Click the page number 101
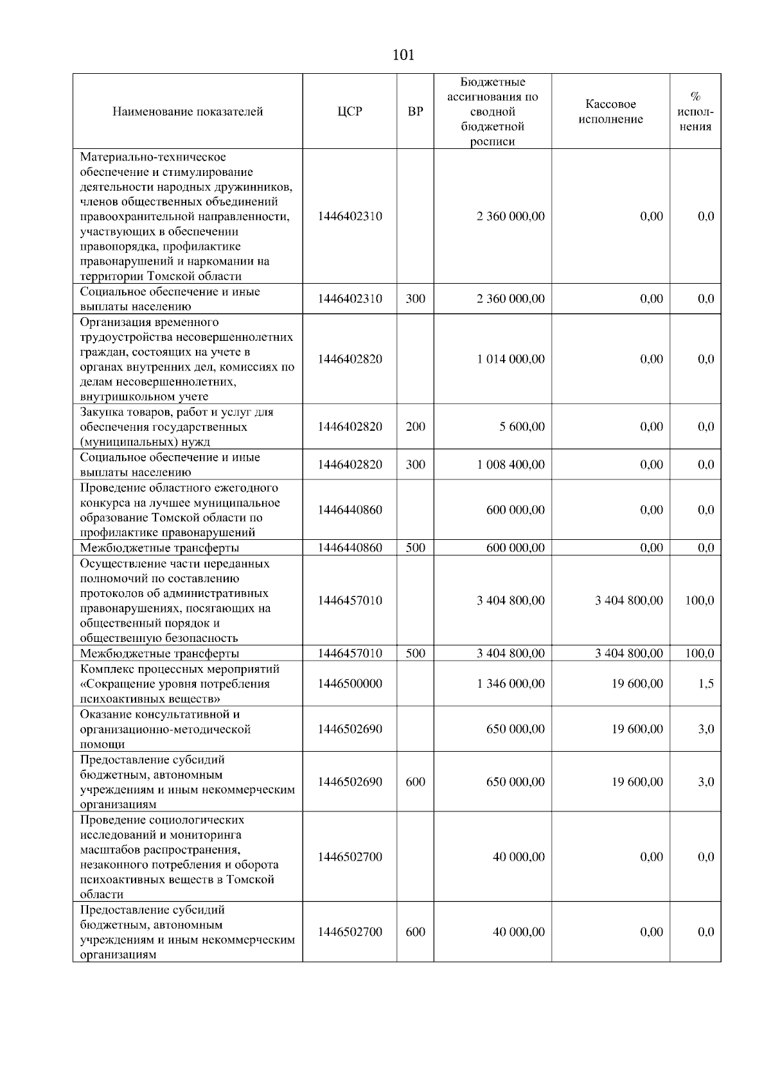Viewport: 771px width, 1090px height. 403,55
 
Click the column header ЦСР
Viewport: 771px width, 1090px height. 350,112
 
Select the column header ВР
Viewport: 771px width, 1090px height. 415,112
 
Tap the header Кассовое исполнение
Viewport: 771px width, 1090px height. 610,112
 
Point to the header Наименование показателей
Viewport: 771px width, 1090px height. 188,112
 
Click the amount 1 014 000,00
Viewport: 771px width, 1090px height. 511,359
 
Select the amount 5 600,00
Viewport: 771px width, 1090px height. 522,427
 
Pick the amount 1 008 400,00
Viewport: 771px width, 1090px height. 511,465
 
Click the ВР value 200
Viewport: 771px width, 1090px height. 415,427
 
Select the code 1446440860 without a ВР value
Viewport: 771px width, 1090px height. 350,510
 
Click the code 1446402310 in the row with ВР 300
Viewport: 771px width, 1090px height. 350,299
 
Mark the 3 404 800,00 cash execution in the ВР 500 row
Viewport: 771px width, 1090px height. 628,653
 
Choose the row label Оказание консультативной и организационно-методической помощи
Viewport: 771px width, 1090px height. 165,729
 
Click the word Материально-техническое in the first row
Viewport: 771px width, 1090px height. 153,157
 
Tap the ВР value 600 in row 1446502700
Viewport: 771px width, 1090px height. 415,932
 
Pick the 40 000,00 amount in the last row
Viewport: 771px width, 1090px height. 518,932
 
